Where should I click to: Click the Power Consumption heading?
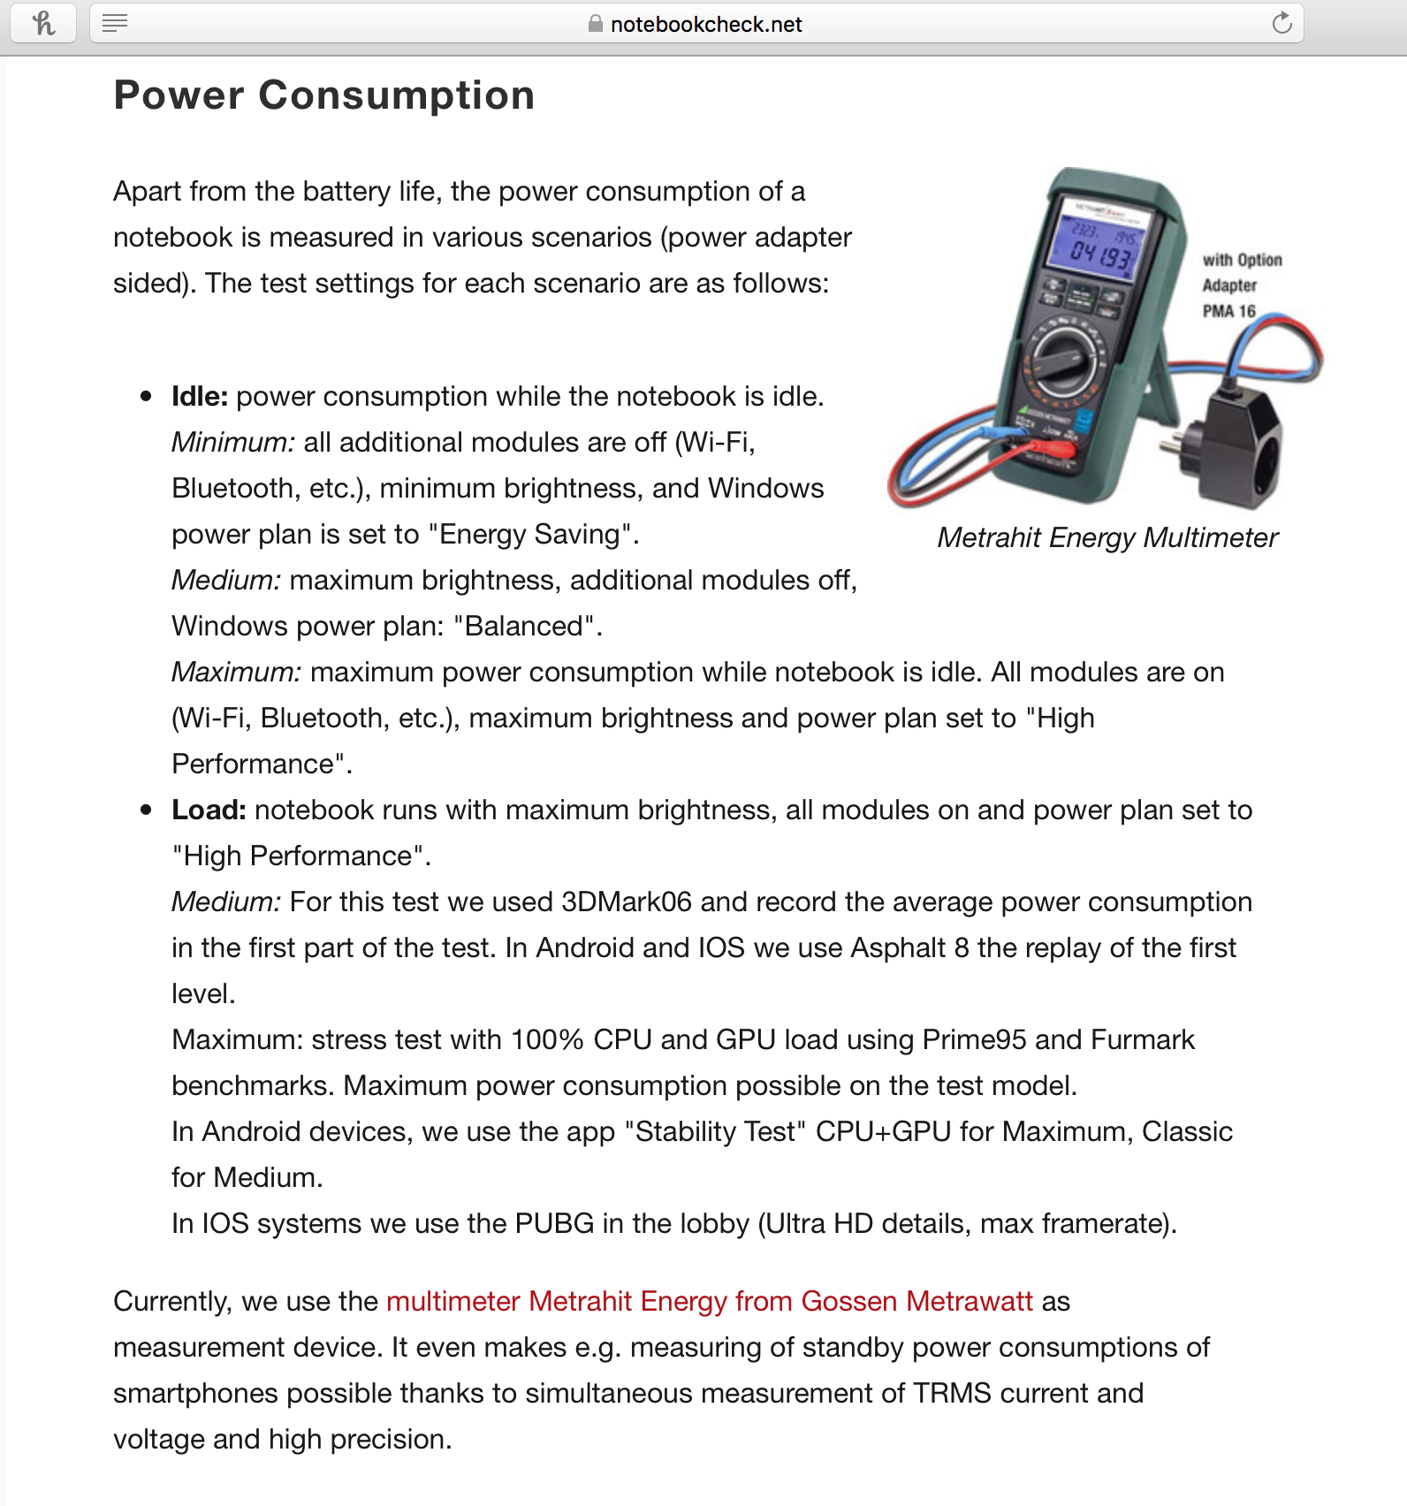pos(324,95)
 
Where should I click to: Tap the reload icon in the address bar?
pos(1282,24)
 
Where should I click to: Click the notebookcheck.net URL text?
pos(706,25)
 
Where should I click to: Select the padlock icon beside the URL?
pos(596,24)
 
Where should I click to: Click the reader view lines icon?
pos(115,23)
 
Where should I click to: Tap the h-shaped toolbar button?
pos(42,23)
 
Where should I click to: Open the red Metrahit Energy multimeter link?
pos(709,1301)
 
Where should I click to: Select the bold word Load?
pos(209,810)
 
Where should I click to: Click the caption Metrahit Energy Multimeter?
pos(1107,537)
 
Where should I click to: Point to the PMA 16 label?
pos(1228,311)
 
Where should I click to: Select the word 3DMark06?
pos(626,902)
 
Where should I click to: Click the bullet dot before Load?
pos(147,810)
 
